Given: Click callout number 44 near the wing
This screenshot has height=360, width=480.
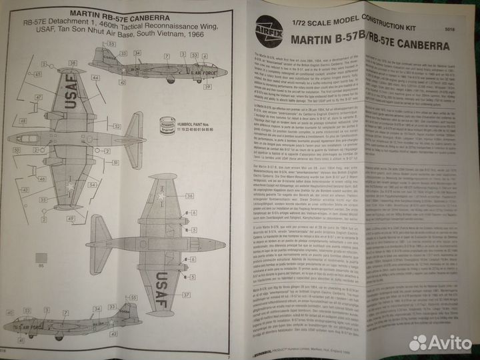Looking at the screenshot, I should pyautogui.click(x=96, y=79).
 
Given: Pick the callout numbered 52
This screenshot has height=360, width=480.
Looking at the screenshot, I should pyautogui.click(x=117, y=126).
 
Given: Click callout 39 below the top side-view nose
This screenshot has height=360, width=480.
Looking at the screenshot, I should pyautogui.click(x=189, y=87).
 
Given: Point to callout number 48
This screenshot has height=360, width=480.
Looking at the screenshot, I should pyautogui.click(x=23, y=121).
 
